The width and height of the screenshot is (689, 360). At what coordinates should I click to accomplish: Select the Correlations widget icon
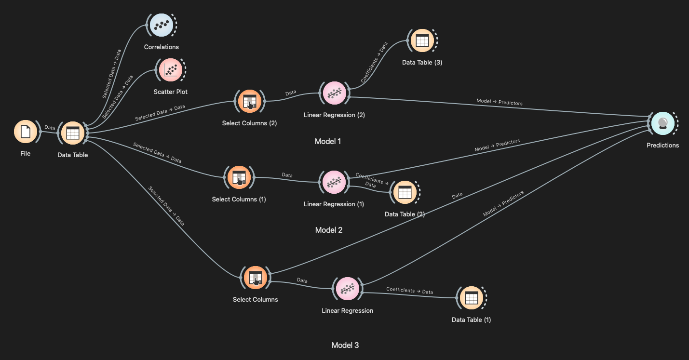pyautogui.click(x=161, y=25)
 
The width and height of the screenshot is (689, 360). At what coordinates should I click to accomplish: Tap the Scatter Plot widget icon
pyautogui.click(x=171, y=70)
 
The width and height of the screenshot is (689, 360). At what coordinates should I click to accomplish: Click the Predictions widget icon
pyautogui.click(x=662, y=123)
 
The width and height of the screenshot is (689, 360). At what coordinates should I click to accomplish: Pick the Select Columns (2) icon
pyautogui.click(x=249, y=102)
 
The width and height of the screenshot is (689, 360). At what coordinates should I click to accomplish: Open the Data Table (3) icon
pyautogui.click(x=422, y=41)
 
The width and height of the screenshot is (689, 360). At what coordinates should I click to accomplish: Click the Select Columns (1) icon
pyautogui.click(x=239, y=177)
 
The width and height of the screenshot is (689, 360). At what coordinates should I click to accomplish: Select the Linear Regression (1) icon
pyautogui.click(x=334, y=182)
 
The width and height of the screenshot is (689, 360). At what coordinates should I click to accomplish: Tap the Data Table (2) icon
pyautogui.click(x=405, y=192)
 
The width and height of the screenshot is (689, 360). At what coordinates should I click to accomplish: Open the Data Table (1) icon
pyautogui.click(x=471, y=298)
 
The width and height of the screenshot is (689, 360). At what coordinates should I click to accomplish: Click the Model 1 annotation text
pyautogui.click(x=328, y=141)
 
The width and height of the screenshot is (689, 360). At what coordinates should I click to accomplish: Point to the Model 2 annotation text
pyautogui.click(x=329, y=230)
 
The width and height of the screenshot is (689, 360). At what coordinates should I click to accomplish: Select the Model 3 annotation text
pyautogui.click(x=345, y=345)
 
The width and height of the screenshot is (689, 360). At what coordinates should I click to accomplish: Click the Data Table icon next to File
pyautogui.click(x=72, y=133)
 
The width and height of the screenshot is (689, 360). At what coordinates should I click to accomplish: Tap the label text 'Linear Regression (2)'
pyautogui.click(x=334, y=115)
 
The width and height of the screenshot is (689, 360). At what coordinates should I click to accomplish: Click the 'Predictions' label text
pyautogui.click(x=662, y=145)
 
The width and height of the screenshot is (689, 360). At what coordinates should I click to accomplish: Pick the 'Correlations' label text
pyautogui.click(x=161, y=47)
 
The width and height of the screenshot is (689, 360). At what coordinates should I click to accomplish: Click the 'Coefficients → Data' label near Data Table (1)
pyautogui.click(x=409, y=291)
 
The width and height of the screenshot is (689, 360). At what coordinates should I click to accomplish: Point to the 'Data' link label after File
pyautogui.click(x=50, y=128)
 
